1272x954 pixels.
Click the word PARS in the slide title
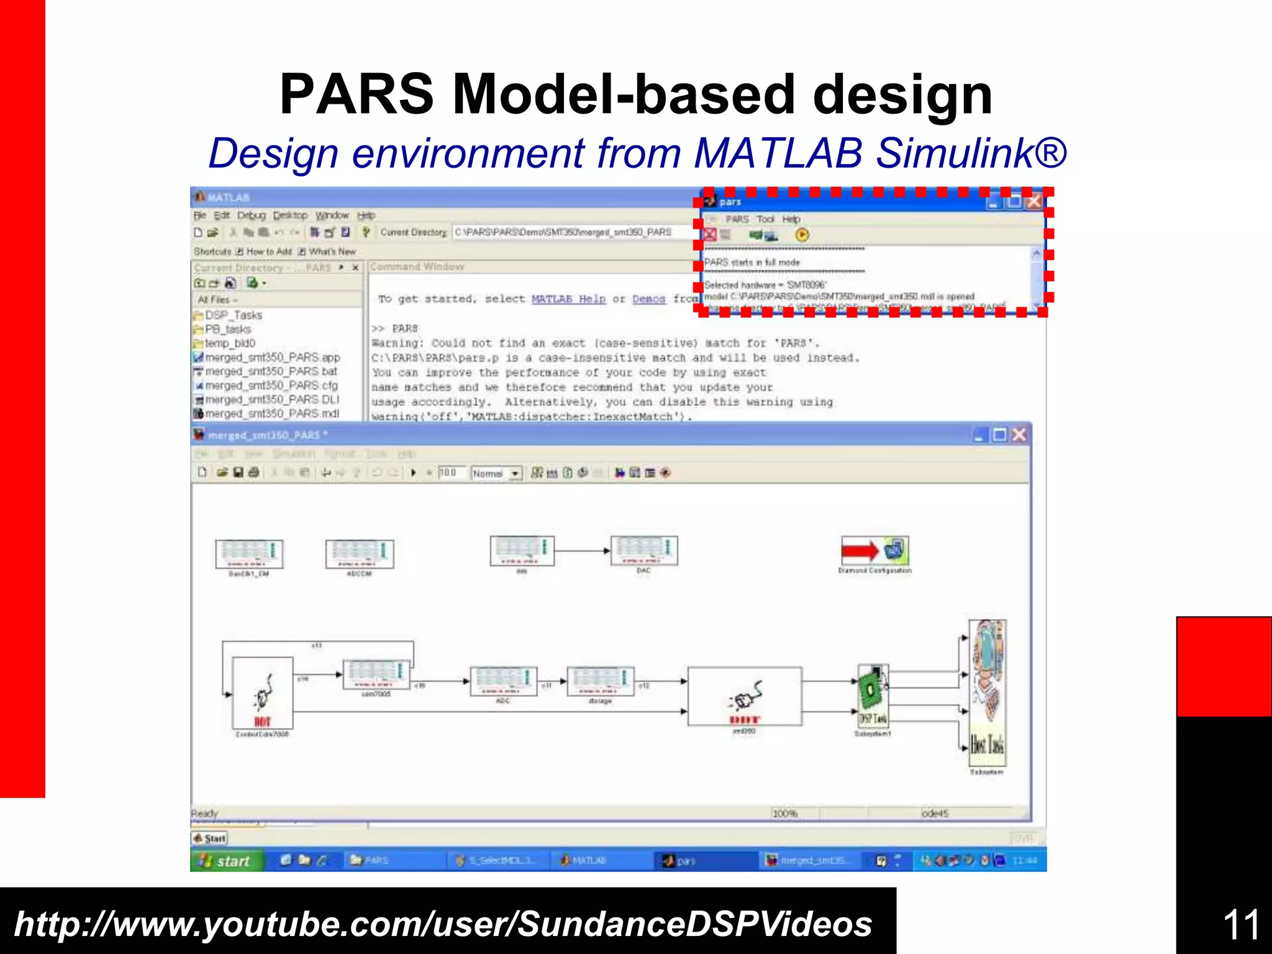pos(357,94)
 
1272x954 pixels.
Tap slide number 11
pos(1240,924)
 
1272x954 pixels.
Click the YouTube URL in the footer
pos(443,924)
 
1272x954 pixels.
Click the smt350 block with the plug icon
pos(744,696)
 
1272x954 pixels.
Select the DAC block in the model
pos(643,551)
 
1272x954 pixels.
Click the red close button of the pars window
pos(1033,202)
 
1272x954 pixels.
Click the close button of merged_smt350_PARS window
pos(1019,435)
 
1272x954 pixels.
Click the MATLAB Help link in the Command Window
pos(568,299)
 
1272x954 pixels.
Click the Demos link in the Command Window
pos(648,299)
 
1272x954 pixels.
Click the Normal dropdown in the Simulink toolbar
pos(496,473)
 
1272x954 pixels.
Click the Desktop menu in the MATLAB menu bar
pos(290,216)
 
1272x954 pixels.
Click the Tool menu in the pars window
pos(765,219)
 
